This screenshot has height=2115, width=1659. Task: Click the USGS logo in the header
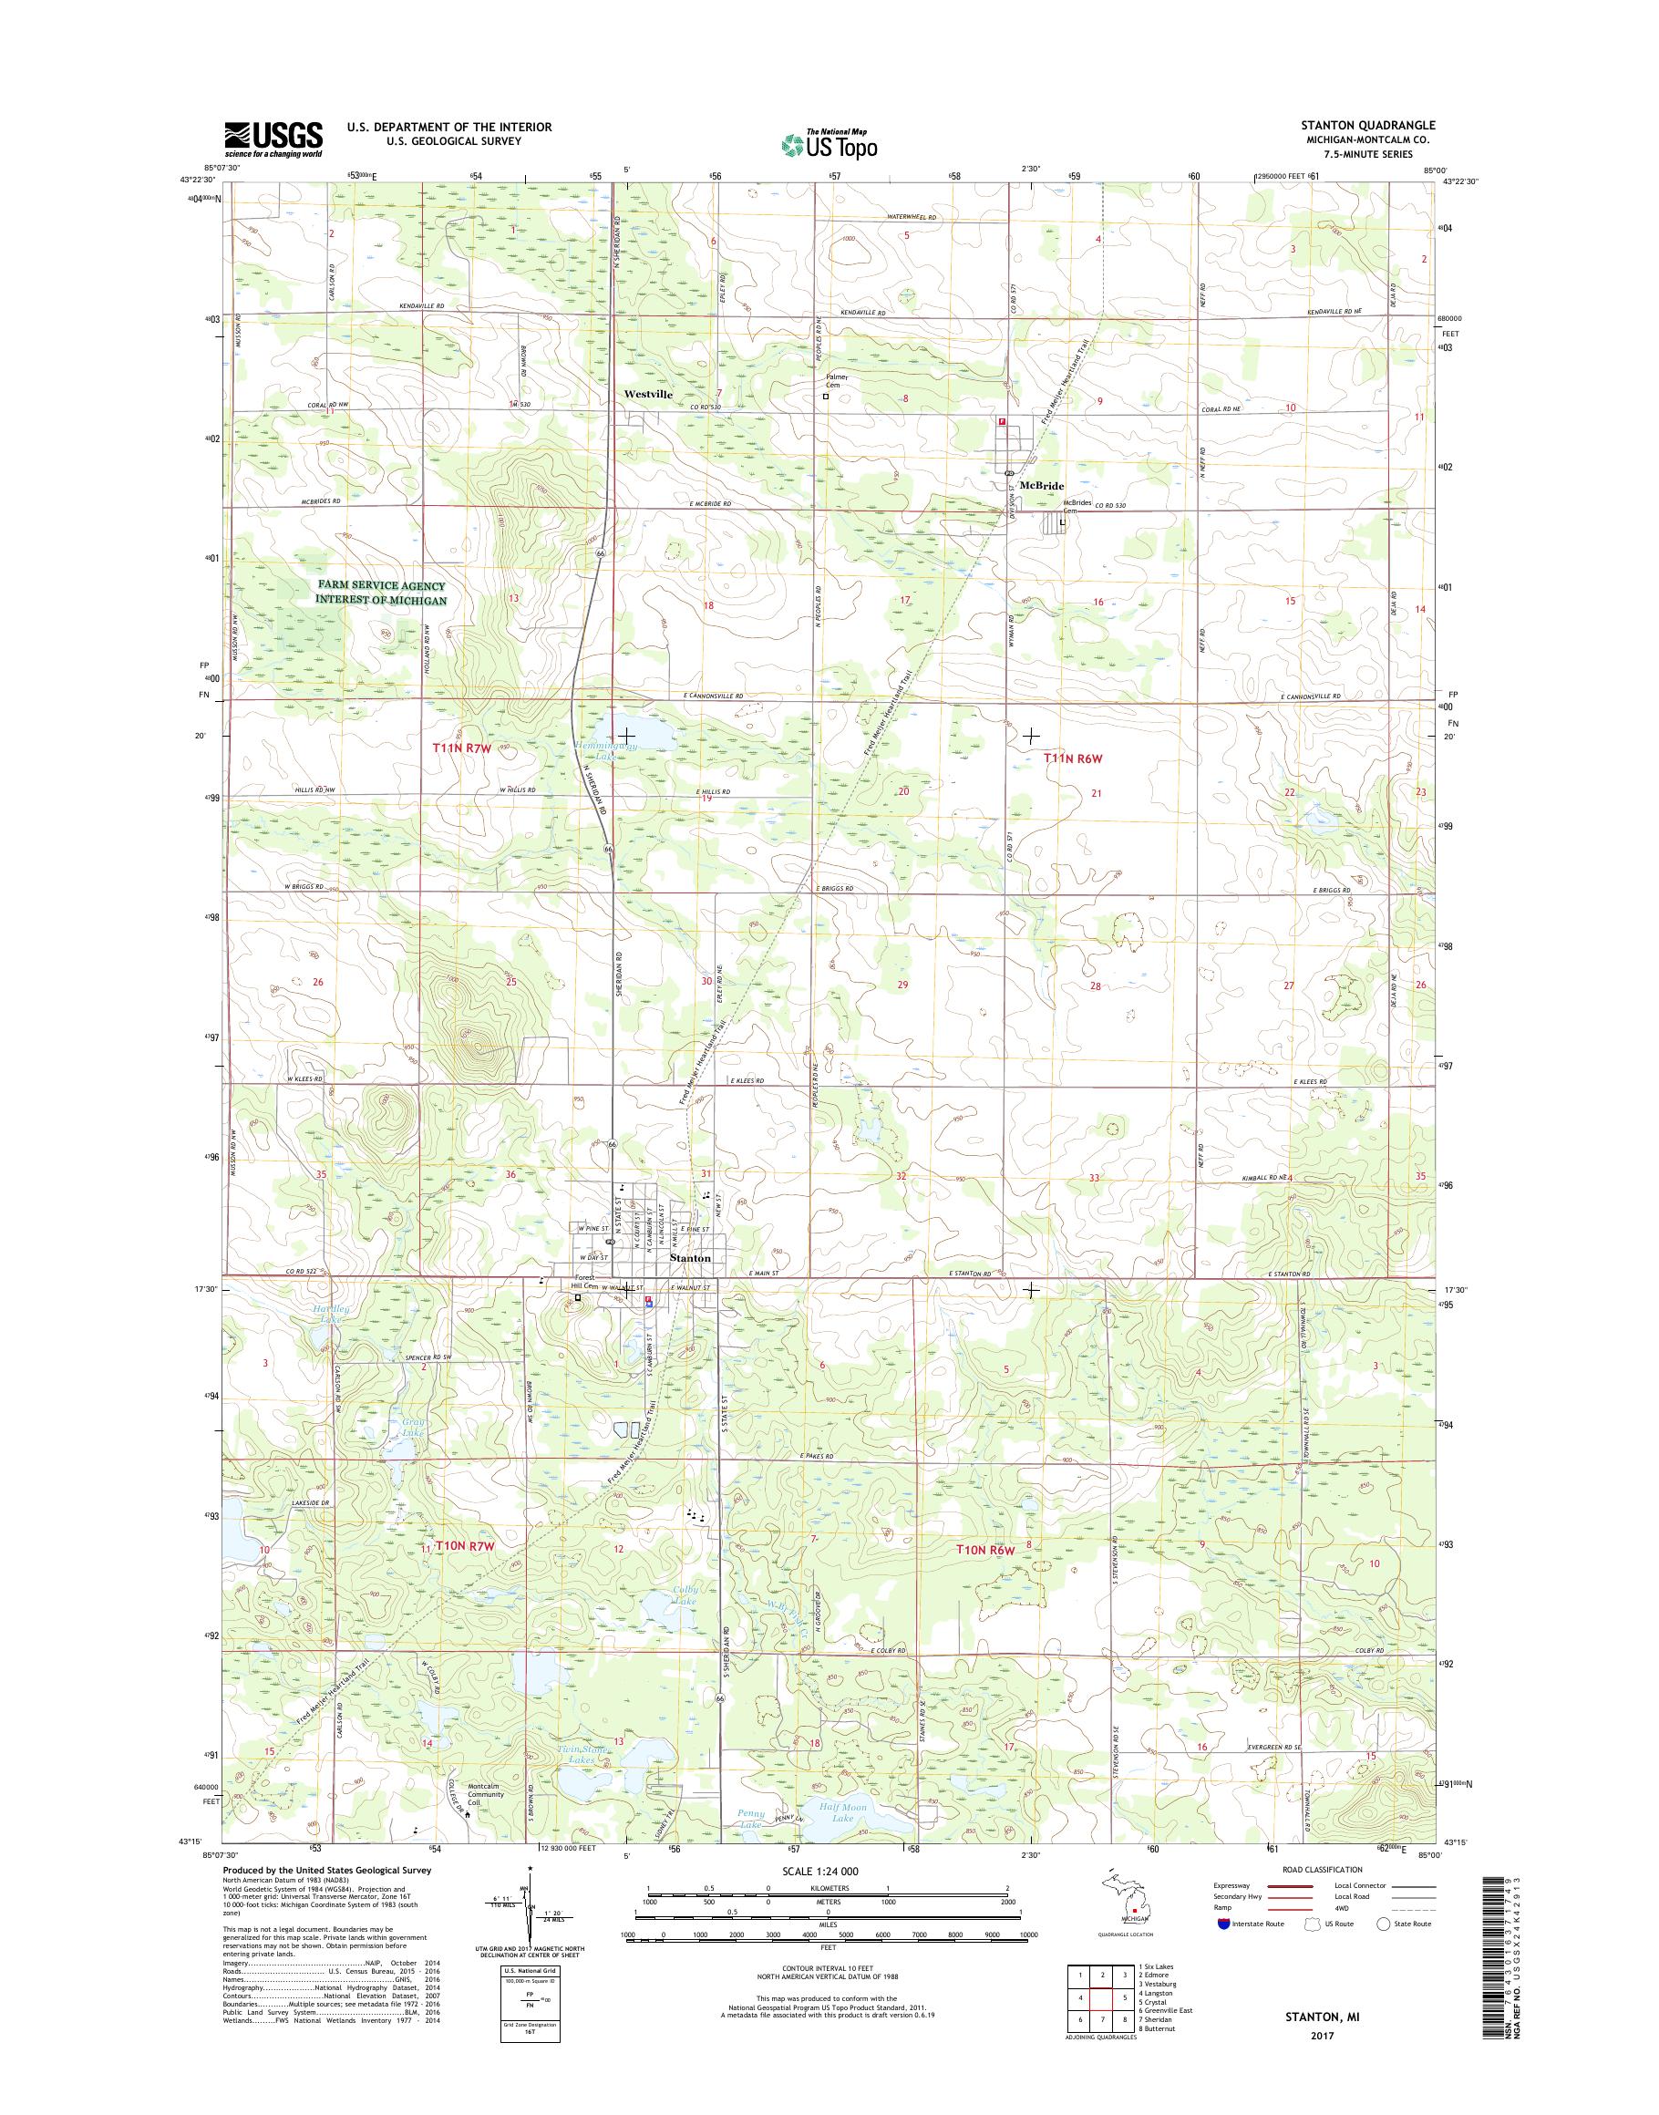click(x=273, y=139)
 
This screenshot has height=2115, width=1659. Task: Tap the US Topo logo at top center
click(x=828, y=144)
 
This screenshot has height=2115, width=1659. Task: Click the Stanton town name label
click(x=691, y=1257)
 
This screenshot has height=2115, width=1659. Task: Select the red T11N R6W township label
click(x=1076, y=758)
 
